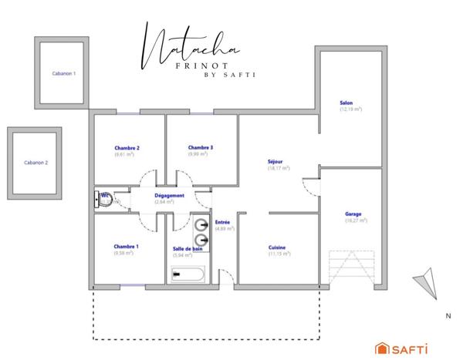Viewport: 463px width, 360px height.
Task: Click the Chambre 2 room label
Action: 127,147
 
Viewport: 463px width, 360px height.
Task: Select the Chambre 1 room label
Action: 126,247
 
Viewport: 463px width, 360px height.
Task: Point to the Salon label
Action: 346,103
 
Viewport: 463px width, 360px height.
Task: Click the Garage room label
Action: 353,214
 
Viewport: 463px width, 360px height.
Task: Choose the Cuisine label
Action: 277,247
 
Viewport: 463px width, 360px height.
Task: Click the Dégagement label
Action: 169,196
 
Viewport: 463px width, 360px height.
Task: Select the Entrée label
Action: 223,222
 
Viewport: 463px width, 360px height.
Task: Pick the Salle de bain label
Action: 187,247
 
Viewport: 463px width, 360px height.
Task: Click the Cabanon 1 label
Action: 63,73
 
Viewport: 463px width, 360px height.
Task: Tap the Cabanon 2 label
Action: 35,163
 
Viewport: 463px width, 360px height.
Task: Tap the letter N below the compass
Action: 448,316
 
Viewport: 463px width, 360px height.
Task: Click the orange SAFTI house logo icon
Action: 381,347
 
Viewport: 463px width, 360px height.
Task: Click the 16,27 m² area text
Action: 353,221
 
